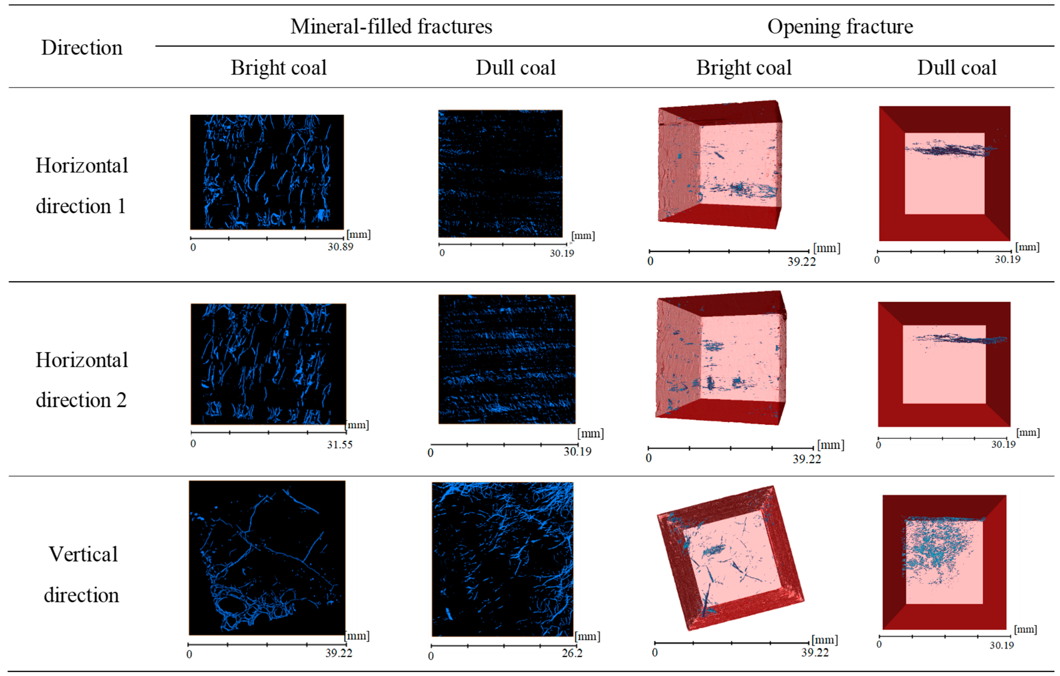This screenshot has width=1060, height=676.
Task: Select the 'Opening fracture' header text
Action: pyautogui.click(x=840, y=26)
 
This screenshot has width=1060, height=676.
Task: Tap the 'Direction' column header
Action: pyautogui.click(x=82, y=48)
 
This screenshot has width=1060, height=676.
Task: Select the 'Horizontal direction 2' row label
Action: pyautogui.click(x=82, y=380)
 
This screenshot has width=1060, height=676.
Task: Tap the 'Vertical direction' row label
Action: pyautogui.click(x=82, y=574)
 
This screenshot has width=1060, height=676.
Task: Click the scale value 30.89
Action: pyautogui.click(x=340, y=247)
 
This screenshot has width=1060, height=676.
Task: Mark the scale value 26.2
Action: pyautogui.click(x=572, y=653)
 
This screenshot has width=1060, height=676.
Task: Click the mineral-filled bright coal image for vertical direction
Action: pyautogui.click(x=267, y=557)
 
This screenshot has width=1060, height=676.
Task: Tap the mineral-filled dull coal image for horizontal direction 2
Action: pyautogui.click(x=507, y=359)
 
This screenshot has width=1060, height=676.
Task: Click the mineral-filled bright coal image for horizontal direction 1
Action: pyautogui.click(x=267, y=172)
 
